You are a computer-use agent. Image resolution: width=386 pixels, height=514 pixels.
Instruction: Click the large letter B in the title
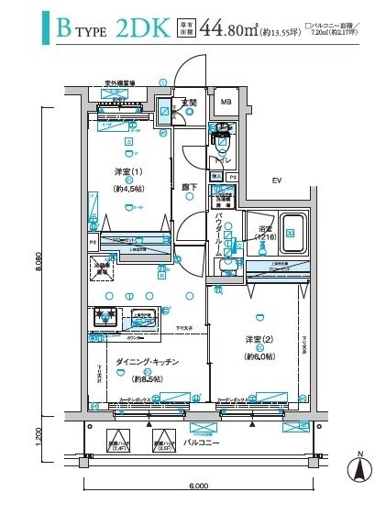[x=63, y=29]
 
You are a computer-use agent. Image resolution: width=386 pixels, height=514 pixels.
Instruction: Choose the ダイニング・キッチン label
[x=147, y=363]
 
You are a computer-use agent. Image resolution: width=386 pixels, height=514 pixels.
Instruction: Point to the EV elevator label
[x=274, y=180]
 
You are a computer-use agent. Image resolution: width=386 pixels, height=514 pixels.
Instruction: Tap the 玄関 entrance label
[x=188, y=102]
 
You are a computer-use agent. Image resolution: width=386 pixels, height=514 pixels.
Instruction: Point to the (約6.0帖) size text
[x=258, y=356]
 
